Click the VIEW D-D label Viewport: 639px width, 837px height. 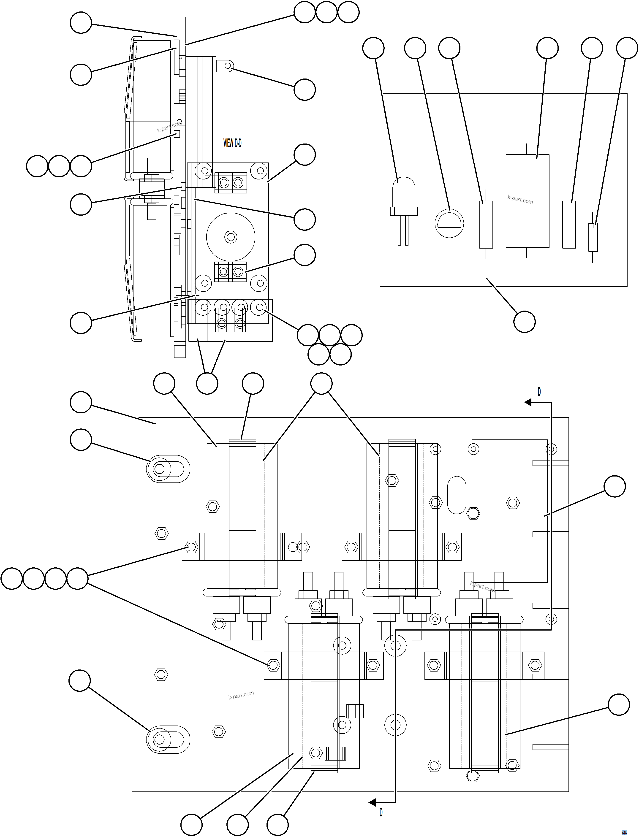coord(232,143)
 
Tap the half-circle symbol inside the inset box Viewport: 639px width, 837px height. coord(449,223)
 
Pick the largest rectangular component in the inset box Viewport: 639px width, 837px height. coord(527,200)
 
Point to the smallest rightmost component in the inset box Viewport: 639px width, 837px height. coord(593,237)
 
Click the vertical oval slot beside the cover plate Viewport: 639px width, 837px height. coord(457,495)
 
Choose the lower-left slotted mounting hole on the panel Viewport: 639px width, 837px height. coord(168,739)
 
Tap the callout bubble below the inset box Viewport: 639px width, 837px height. coord(524,322)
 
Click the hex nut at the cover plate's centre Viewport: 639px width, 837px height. coord(513,503)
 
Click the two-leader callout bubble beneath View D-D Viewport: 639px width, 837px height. coord(207,383)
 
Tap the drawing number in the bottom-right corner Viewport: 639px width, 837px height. coord(624,829)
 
